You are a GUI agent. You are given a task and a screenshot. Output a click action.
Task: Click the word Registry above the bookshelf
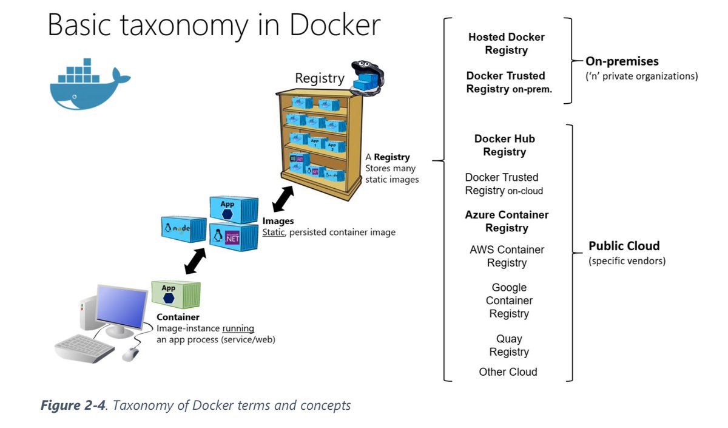[x=319, y=78]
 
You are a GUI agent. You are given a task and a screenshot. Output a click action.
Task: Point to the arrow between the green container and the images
[x=194, y=260]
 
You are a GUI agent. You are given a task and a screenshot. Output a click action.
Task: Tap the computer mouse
[x=130, y=354]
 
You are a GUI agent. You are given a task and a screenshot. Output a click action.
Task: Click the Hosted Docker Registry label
[x=506, y=44]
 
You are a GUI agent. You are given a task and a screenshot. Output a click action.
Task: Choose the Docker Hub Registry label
[x=505, y=145]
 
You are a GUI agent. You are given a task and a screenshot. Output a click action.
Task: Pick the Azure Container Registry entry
[x=507, y=221]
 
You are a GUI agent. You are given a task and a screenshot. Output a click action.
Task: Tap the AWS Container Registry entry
[x=507, y=256]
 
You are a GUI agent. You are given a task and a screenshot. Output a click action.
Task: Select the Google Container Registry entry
[x=509, y=301]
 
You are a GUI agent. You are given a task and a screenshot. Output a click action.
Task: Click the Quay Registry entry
[x=509, y=345]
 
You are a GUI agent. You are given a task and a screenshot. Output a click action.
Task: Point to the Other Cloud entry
[x=508, y=372]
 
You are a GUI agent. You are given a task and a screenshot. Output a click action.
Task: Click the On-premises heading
[x=622, y=61]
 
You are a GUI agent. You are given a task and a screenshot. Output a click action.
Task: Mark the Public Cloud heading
[x=624, y=246]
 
